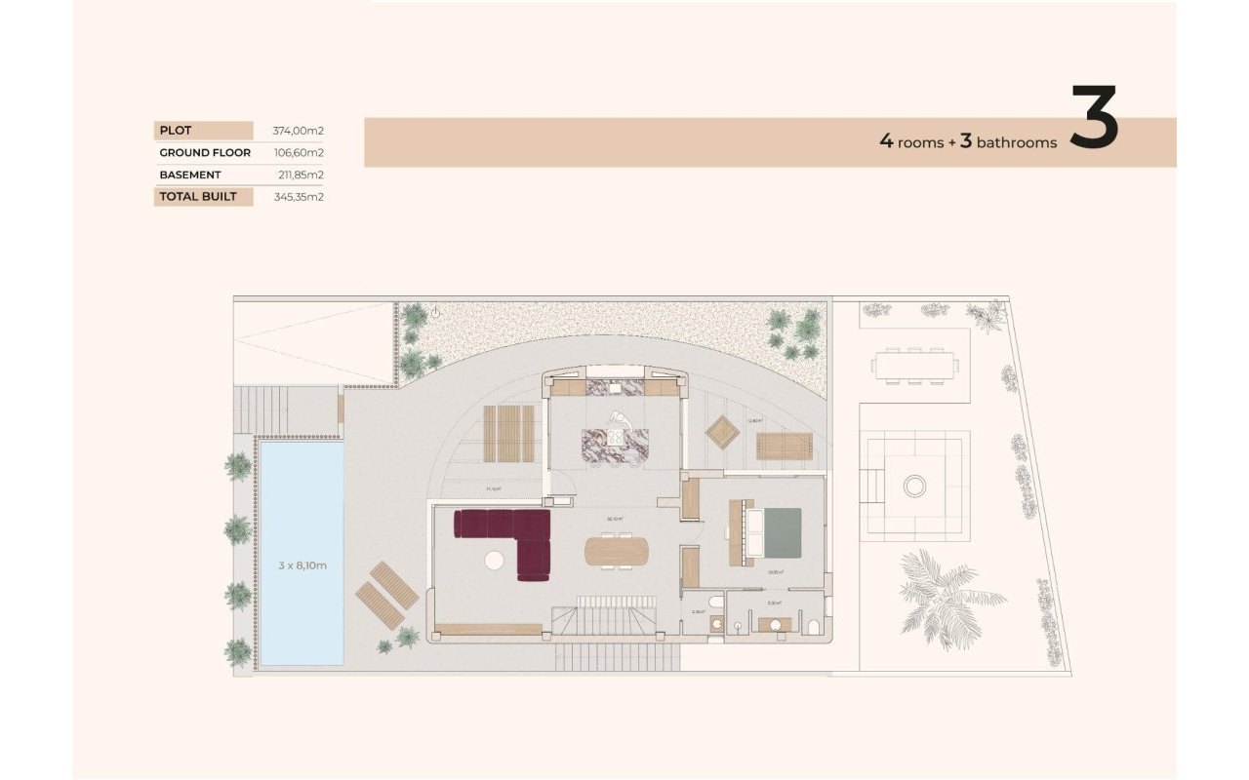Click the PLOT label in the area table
tap(177, 131)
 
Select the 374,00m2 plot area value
tap(298, 131)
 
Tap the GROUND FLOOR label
tap(205, 153)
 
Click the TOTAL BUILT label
tap(201, 197)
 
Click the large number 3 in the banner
tap(1094, 120)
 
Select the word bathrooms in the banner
tap(1016, 142)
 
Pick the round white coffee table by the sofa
tap(495, 561)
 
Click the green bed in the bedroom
tap(781, 533)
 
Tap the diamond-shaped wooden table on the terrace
tap(723, 432)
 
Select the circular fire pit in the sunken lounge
tap(914, 486)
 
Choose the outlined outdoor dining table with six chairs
tap(915, 366)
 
